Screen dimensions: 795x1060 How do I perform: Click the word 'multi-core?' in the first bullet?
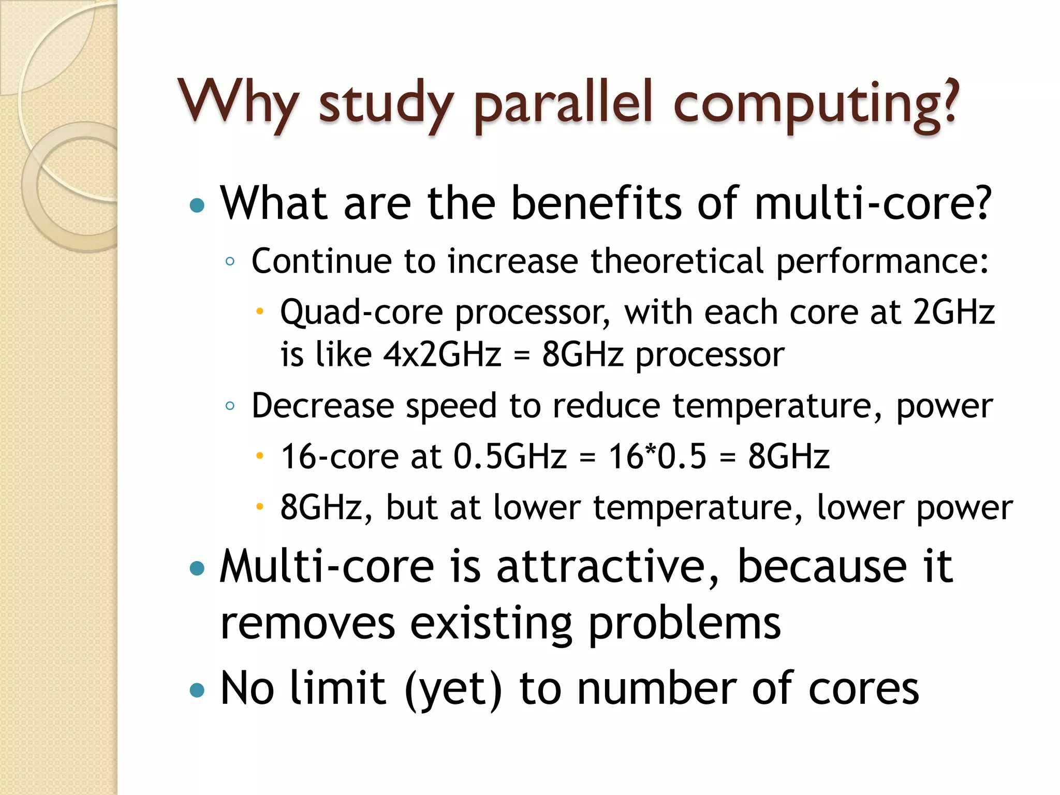pyautogui.click(x=873, y=203)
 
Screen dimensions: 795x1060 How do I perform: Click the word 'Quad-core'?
pyautogui.click(x=361, y=312)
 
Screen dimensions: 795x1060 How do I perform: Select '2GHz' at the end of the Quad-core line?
pyautogui.click(x=953, y=312)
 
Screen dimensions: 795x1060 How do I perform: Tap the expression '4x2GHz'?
pyautogui.click(x=443, y=355)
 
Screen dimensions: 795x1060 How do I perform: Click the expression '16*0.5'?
pyautogui.click(x=657, y=457)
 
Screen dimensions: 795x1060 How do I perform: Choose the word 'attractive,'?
pyautogui.click(x=608, y=567)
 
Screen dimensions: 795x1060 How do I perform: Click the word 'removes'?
pyautogui.click(x=307, y=623)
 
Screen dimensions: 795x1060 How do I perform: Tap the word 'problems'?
pyautogui.click(x=684, y=623)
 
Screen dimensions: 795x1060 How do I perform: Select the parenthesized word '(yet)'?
pyautogui.click(x=453, y=688)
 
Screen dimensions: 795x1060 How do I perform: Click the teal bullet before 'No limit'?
pyautogui.click(x=197, y=690)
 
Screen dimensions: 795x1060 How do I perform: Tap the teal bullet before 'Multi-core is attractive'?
pyautogui.click(x=197, y=569)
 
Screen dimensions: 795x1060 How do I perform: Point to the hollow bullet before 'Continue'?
pyautogui.click(x=230, y=262)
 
